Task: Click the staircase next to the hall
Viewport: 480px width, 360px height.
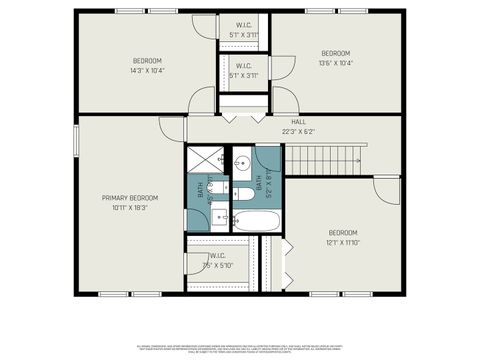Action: (x=325, y=158)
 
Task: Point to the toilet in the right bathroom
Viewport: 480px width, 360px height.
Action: (x=242, y=193)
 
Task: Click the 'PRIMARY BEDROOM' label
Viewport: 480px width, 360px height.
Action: (x=129, y=198)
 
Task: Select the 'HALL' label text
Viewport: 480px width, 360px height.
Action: (x=298, y=122)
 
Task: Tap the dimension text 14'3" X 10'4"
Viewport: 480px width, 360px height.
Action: (x=147, y=70)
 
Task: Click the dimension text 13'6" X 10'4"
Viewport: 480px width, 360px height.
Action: (x=335, y=63)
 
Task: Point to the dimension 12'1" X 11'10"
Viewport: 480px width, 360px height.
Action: (x=342, y=241)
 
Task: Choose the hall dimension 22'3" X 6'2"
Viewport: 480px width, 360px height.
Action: (x=298, y=131)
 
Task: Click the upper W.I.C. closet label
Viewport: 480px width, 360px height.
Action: (x=244, y=25)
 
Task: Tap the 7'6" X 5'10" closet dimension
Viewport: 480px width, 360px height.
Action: (x=217, y=265)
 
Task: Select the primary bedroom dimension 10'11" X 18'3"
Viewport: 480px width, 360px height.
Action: (x=129, y=208)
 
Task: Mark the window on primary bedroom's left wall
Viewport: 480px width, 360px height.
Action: (x=76, y=142)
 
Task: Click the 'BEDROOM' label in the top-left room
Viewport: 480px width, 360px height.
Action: (x=147, y=60)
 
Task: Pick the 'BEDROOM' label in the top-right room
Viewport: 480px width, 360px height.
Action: (x=335, y=53)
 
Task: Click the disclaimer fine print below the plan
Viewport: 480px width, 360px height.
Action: (x=240, y=346)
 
